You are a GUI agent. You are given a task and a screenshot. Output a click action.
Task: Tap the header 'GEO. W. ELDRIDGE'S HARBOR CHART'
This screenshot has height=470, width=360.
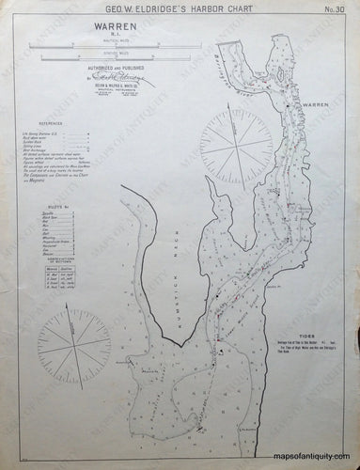[180, 9]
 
